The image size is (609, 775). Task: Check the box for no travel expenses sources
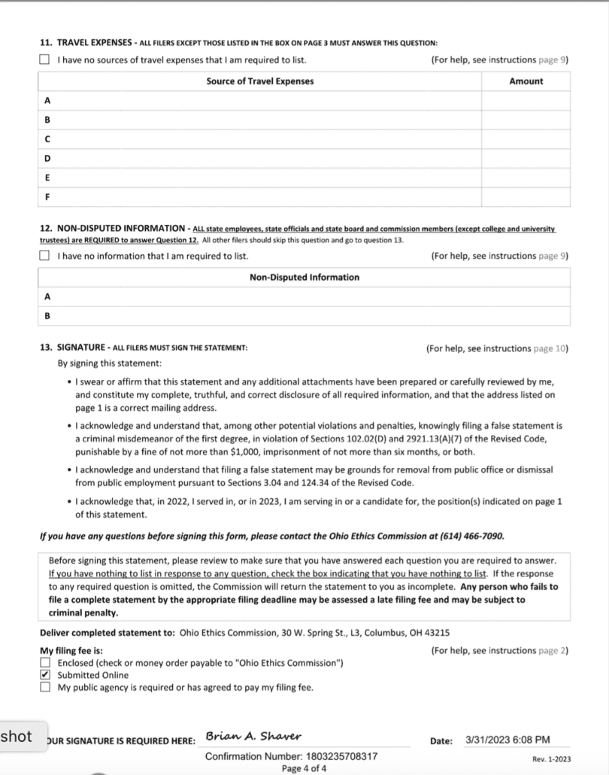click(45, 60)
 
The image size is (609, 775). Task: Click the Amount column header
click(526, 81)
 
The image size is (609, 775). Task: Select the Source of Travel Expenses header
click(259, 81)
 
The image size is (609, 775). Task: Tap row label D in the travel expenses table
click(47, 159)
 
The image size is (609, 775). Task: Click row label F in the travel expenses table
click(47, 197)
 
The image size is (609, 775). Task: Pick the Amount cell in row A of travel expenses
click(526, 101)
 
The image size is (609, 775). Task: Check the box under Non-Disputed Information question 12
click(45, 256)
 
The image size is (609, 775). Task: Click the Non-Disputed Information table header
click(304, 278)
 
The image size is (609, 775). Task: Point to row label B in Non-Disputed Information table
click(47, 316)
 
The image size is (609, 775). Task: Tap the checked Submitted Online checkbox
click(45, 675)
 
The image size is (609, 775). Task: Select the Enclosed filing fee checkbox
click(45, 663)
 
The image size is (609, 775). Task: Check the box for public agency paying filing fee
click(45, 687)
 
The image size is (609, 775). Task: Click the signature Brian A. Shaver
click(253, 736)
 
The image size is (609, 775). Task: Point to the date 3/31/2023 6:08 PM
click(507, 740)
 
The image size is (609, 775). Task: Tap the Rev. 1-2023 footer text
click(550, 759)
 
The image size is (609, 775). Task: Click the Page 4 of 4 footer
click(304, 768)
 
